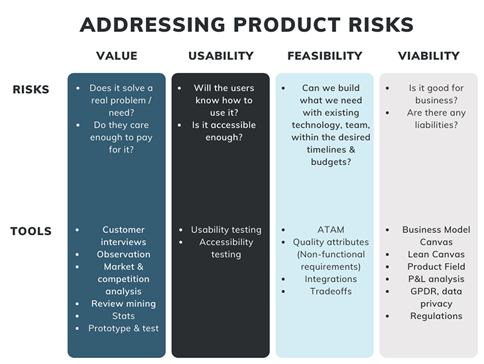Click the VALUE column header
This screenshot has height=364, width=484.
[117, 56]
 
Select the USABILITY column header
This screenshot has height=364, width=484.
[221, 56]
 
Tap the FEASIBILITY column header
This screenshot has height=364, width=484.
[325, 56]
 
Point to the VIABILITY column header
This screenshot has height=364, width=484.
[428, 56]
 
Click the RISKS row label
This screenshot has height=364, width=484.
[31, 90]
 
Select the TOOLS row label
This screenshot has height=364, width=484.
[31, 232]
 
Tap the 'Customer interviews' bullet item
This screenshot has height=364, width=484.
[124, 236]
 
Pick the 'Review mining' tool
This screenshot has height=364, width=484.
[124, 304]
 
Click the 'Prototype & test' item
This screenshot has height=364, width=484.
[124, 328]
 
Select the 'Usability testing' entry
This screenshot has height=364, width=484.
[226, 230]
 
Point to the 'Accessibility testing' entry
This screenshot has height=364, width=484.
[226, 248]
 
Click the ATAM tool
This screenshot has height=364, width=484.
[331, 230]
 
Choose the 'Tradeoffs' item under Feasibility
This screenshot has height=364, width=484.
[331, 291]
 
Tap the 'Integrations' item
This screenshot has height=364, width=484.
[331, 279]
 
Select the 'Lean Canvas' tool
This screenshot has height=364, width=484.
[436, 254]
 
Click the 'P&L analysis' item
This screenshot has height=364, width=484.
[436, 279]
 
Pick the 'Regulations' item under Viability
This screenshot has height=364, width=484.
[436, 316]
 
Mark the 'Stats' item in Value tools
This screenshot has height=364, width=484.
[124, 316]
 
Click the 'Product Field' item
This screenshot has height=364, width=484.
[436, 266]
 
